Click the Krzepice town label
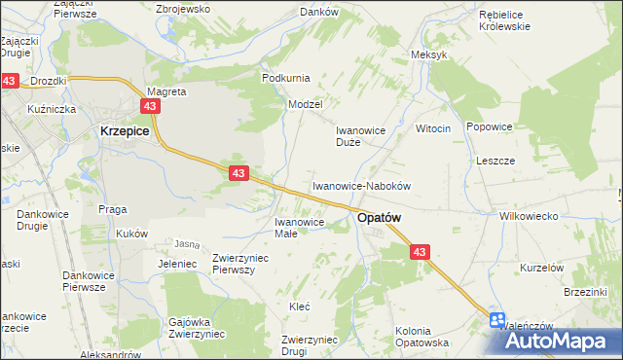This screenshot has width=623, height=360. point(124,130)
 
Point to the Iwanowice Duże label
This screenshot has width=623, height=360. point(361,135)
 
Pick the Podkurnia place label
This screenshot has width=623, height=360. point(285,77)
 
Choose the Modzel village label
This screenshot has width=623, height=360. point(305,103)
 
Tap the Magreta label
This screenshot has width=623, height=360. point(165,91)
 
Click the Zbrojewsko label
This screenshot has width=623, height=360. point(183,9)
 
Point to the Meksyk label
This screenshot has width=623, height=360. point(429,54)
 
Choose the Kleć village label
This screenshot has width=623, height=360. point(299,306)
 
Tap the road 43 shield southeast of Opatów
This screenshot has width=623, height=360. point(420,252)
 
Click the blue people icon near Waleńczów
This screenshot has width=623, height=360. point(498,319)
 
